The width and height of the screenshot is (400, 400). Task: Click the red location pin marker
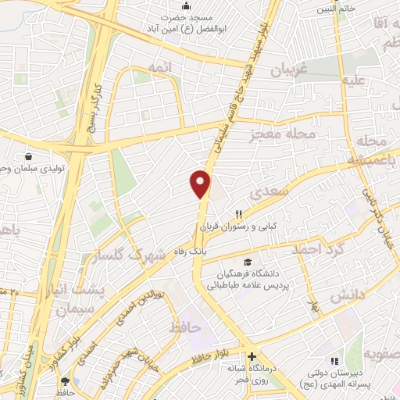[201, 184]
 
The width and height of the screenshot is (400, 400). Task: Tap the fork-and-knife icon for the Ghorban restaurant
[241, 213]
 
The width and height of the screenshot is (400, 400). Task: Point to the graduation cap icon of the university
[248, 262]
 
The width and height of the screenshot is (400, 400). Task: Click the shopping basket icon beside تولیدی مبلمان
[29, 157]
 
